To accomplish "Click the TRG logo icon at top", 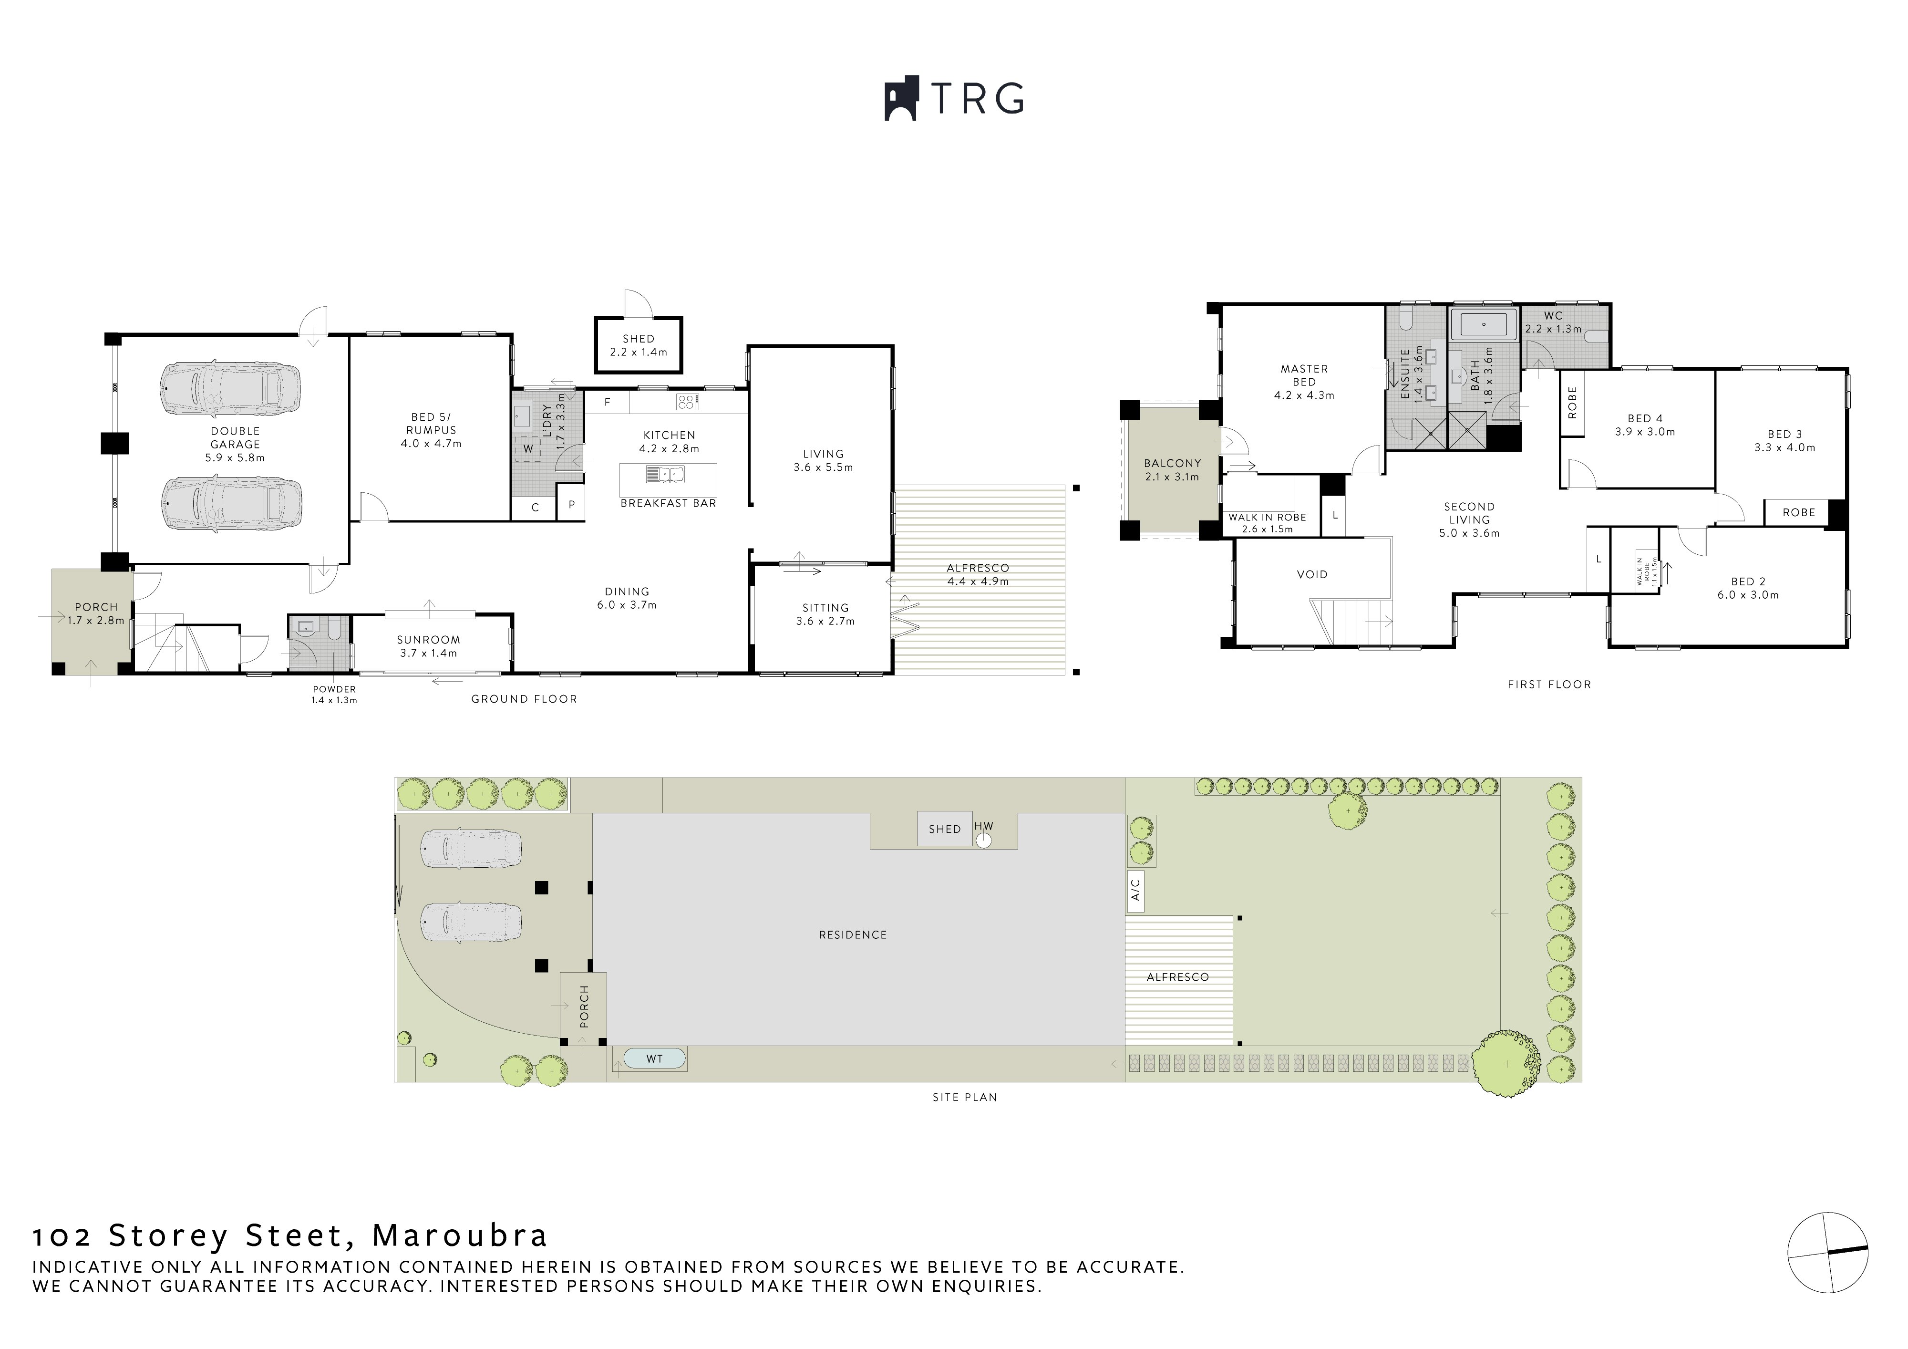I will [901, 99].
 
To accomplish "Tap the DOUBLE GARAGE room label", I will [235, 437].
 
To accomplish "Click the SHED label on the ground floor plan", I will [638, 338].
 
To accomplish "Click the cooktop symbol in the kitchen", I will [686, 402].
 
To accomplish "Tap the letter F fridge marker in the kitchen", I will [608, 402].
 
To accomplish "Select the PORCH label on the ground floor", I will [96, 607].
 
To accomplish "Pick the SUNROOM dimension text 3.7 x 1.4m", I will [427, 654].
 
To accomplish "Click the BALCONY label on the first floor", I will [1172, 463].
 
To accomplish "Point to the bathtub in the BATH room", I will [1484, 322].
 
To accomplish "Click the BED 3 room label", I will [1784, 434].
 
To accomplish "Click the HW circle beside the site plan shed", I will [984, 841].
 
